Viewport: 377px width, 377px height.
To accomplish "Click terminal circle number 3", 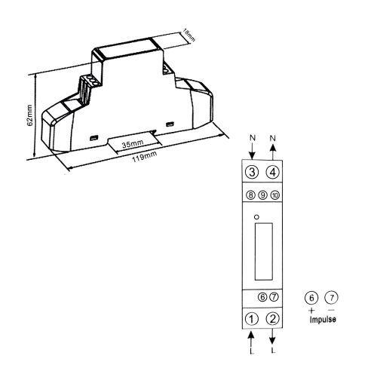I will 252,172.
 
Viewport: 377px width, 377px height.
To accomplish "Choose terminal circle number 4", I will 273,172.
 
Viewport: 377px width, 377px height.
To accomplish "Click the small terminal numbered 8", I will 251,195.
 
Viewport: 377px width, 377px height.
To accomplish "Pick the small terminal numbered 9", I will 262,195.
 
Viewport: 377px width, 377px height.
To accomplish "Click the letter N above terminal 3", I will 251,139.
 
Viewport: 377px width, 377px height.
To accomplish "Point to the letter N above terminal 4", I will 273,139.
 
